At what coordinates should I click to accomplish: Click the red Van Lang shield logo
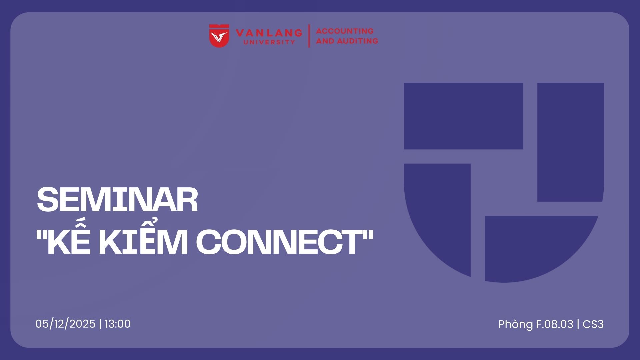tap(219, 36)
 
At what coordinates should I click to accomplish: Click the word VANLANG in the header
tap(269, 33)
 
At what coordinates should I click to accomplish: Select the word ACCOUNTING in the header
tap(345, 31)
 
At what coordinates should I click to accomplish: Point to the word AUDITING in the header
tap(358, 41)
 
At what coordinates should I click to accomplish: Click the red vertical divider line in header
tap(309, 36)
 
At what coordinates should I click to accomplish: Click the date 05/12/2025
tap(65, 324)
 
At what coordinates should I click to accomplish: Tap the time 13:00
tap(118, 324)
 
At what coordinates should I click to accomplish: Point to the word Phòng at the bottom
tap(516, 325)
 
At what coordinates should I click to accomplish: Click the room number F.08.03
tap(555, 324)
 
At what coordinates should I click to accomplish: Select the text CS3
tap(593, 324)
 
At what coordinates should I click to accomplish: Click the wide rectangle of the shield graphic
tap(463, 116)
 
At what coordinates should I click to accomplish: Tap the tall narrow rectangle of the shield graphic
tap(570, 142)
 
